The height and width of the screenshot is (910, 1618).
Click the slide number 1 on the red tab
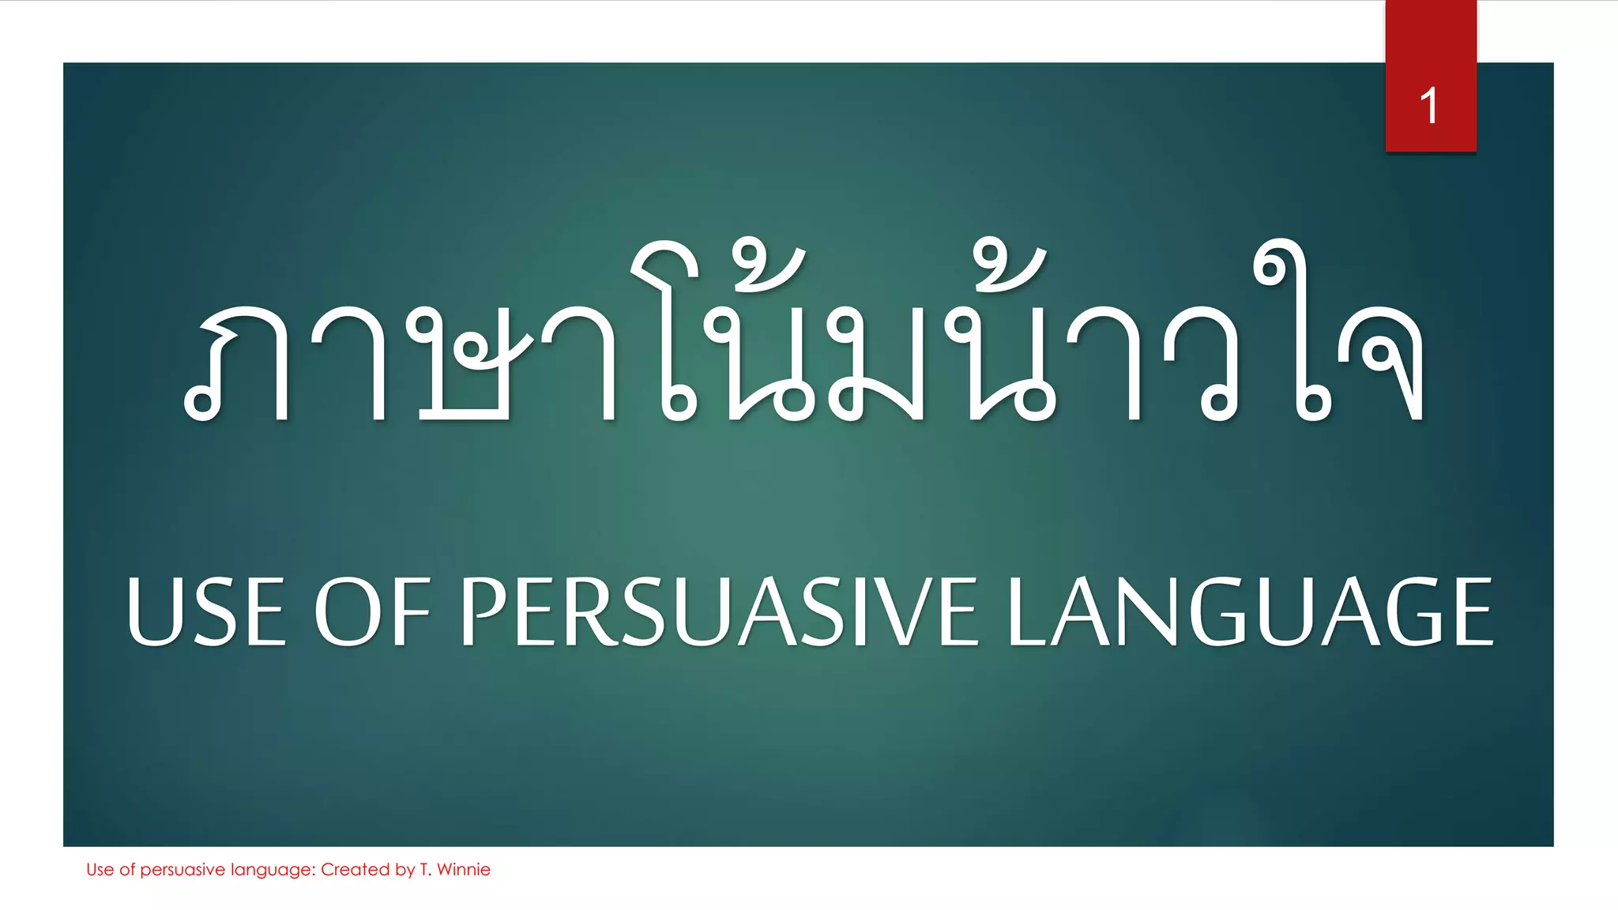coord(1429,106)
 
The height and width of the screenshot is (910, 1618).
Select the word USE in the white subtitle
coord(206,611)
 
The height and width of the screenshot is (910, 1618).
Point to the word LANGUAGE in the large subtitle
coord(1250,611)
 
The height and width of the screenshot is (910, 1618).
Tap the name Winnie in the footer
coord(464,870)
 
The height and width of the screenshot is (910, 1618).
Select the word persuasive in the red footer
coord(182,870)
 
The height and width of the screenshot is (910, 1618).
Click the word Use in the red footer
coord(100,870)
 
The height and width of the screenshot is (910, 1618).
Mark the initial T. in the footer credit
coord(425,870)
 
